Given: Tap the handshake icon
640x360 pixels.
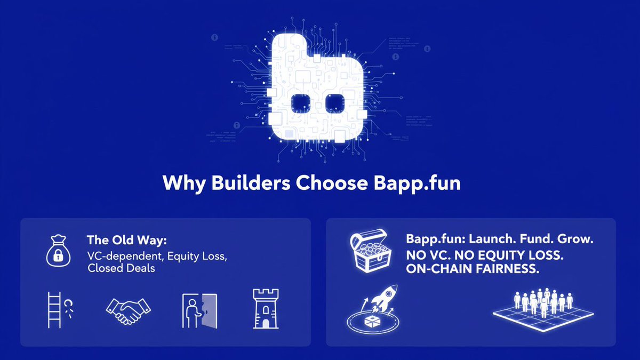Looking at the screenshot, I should [128, 309].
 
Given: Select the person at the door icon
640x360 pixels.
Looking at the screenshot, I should [199, 310].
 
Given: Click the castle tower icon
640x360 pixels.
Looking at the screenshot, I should [265, 309].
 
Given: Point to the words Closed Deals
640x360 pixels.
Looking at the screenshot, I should [121, 268].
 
